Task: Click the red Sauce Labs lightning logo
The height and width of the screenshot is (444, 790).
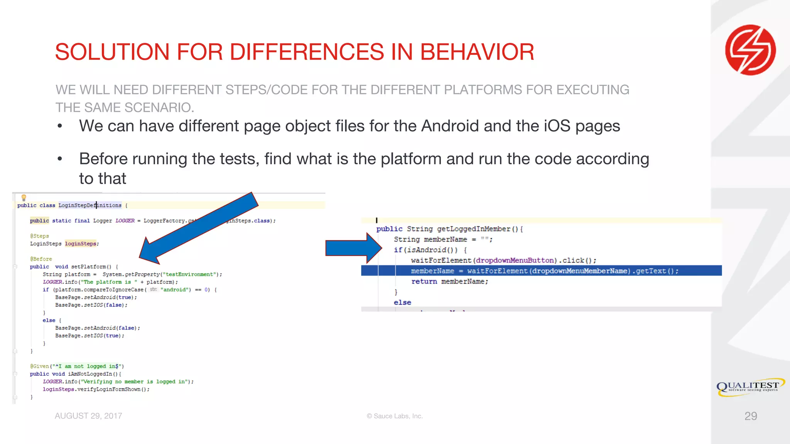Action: (x=750, y=50)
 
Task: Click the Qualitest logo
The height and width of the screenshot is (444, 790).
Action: (x=750, y=387)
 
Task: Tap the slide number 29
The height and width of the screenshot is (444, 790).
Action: (x=750, y=416)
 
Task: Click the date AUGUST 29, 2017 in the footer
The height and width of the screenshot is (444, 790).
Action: (x=88, y=416)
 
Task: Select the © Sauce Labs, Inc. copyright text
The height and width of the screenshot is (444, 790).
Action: (x=395, y=416)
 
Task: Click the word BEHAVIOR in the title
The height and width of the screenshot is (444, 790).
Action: (x=477, y=52)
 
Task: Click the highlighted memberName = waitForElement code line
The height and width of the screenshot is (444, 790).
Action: (x=544, y=271)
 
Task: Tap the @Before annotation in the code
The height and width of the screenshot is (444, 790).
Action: (x=41, y=259)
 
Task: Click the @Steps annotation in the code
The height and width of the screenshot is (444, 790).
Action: (x=39, y=236)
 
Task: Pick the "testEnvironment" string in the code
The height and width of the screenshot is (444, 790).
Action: (x=189, y=274)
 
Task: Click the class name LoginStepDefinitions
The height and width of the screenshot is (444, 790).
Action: (x=90, y=205)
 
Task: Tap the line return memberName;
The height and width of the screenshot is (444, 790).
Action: (x=449, y=281)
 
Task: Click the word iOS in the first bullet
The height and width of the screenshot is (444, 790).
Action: (x=557, y=126)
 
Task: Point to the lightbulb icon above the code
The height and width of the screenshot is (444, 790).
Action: (x=24, y=198)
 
